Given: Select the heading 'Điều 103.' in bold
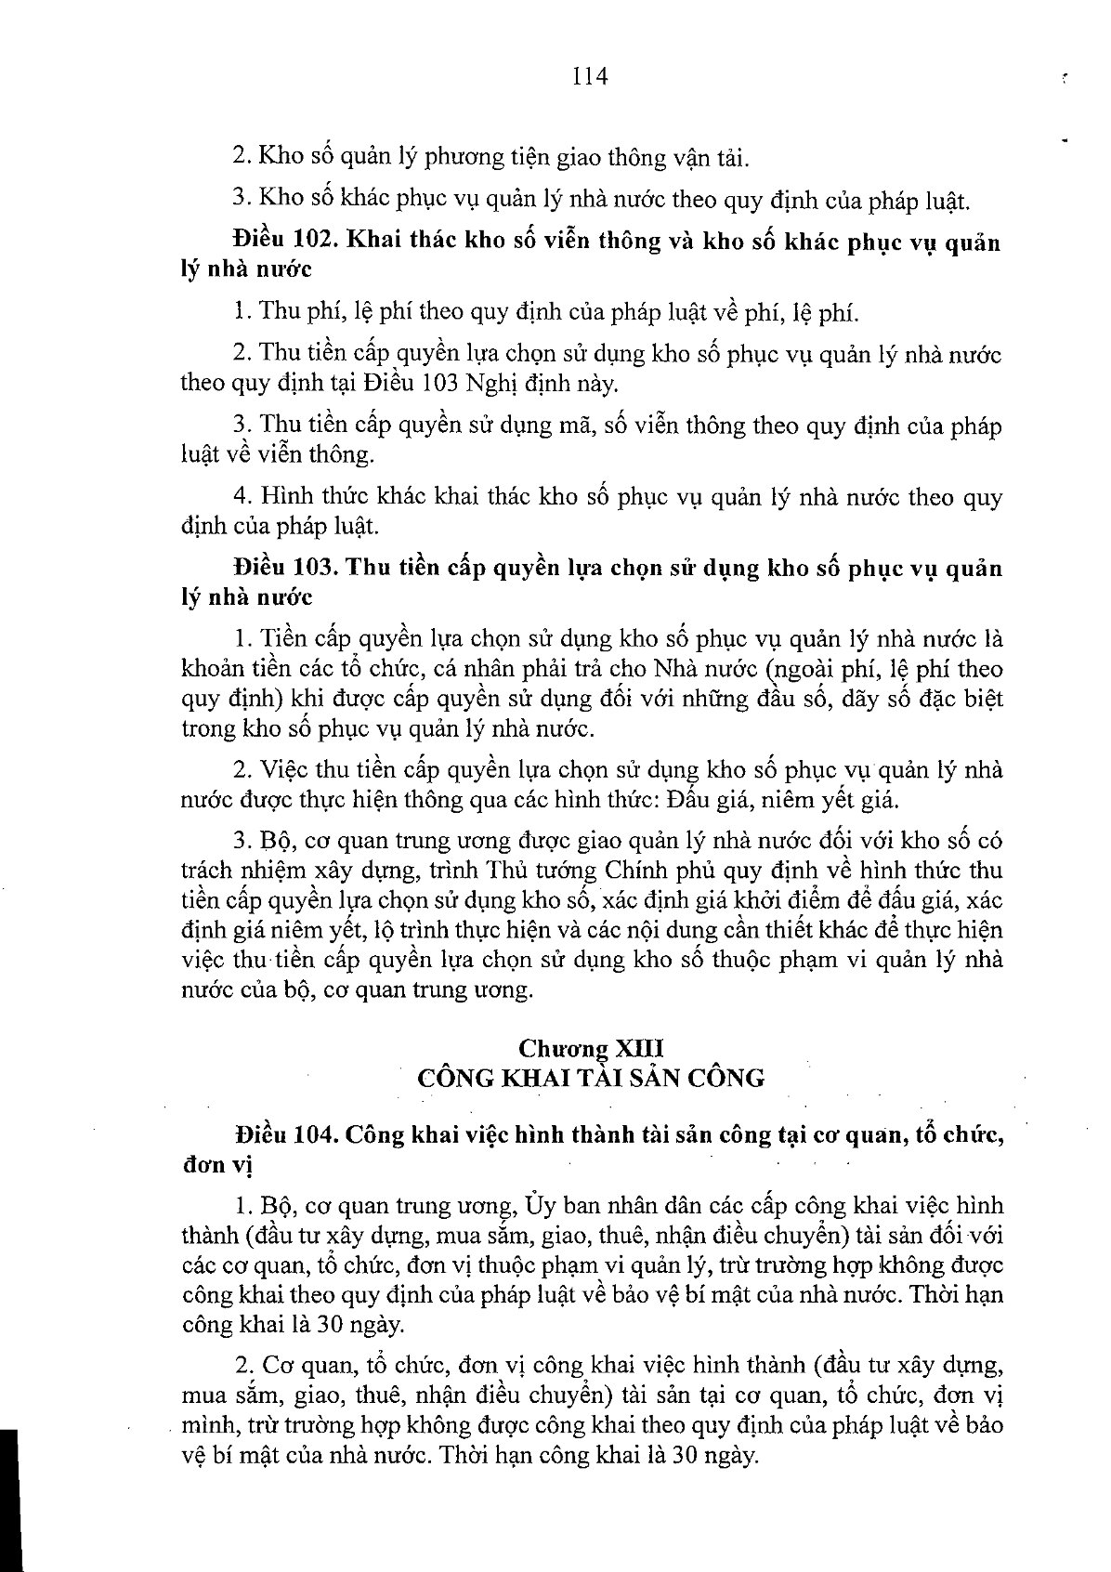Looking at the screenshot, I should (x=279, y=568).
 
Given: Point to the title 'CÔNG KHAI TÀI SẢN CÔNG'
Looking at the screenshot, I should (x=591, y=1078).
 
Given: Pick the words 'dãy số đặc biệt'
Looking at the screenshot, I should (x=923, y=699).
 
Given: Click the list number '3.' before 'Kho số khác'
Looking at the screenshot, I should (x=242, y=199).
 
